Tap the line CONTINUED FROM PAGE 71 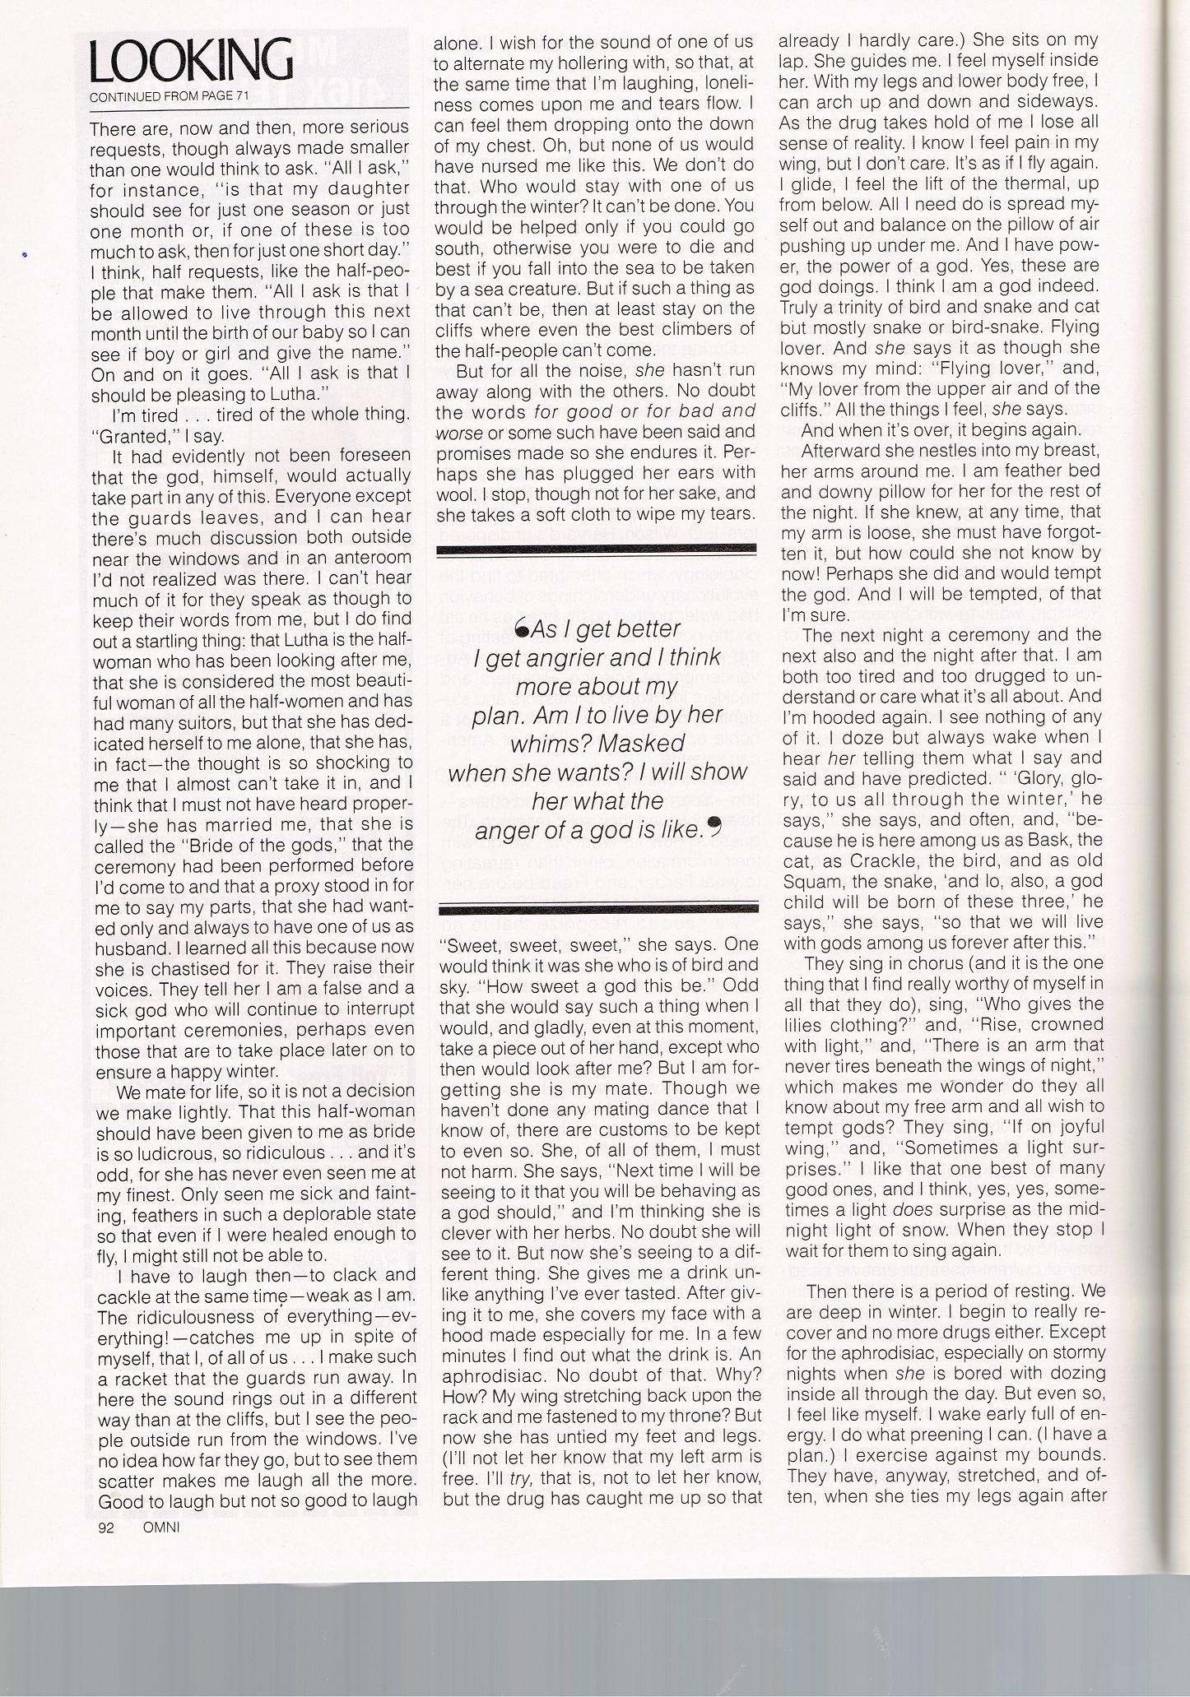point(161,97)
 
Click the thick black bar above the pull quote point(597,549)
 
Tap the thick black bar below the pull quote point(597,908)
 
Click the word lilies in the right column point(803,1026)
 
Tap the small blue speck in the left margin point(25,256)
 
